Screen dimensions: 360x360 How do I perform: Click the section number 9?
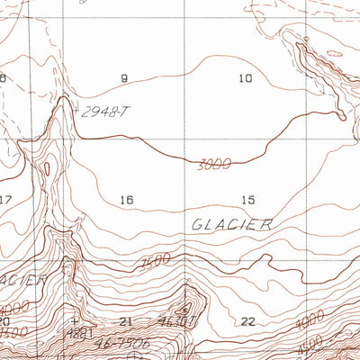pyautogui.click(x=124, y=79)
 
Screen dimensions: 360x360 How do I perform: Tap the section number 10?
pyautogui.click(x=245, y=79)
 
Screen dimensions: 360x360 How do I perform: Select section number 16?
pyautogui.click(x=126, y=200)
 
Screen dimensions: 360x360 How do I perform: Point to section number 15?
pyautogui.click(x=248, y=200)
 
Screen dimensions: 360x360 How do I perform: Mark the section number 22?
pyautogui.click(x=248, y=321)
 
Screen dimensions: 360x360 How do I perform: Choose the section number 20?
pyautogui.click(x=4, y=321)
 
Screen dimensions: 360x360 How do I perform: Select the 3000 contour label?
pyautogui.click(x=213, y=164)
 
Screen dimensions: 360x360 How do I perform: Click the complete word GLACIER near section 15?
pyautogui.click(x=232, y=225)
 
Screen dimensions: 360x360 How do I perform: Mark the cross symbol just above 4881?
pyautogui.click(x=76, y=319)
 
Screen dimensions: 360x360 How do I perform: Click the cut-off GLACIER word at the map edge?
pyautogui.click(x=23, y=281)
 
